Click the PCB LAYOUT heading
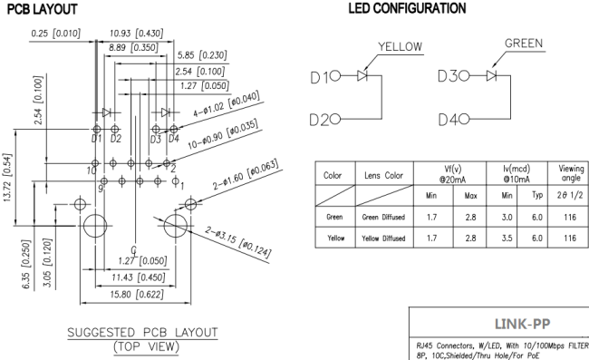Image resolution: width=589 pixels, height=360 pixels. pos(42,9)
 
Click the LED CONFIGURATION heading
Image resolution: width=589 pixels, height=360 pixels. pos(407,8)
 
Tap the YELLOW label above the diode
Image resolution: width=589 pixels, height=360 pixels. pos(400,46)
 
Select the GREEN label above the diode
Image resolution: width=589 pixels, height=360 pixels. pos(524,44)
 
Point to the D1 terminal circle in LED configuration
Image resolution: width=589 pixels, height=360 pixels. pos(335,76)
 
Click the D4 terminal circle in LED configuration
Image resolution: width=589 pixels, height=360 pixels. pos(464,120)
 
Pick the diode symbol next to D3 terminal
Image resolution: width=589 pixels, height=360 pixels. pos(491,75)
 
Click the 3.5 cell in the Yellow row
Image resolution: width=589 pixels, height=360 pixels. pos(507,238)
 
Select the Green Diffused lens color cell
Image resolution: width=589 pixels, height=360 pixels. pos(383,217)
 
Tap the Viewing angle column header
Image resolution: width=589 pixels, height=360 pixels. pos(571,173)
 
